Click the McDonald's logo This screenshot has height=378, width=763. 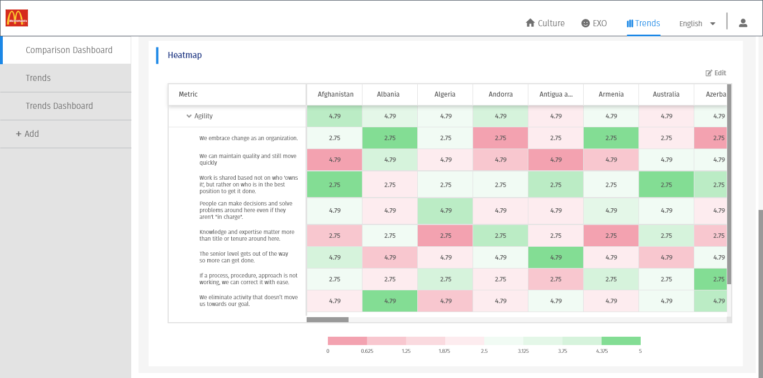(x=17, y=18)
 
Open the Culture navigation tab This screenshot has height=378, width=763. (x=545, y=23)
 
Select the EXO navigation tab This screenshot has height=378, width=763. (x=594, y=23)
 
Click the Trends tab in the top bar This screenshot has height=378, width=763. (x=643, y=23)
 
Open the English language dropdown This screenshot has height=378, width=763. (x=697, y=23)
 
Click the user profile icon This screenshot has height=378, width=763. (x=743, y=23)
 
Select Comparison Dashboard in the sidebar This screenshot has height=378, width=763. (x=69, y=50)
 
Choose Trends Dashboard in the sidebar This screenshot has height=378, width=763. (x=59, y=106)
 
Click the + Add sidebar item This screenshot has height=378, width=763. (x=28, y=134)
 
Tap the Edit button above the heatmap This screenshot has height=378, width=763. (x=716, y=73)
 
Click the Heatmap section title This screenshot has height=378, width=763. (x=185, y=55)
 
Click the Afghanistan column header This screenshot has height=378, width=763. (x=335, y=94)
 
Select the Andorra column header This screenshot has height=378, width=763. (x=500, y=94)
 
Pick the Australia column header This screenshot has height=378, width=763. (x=666, y=94)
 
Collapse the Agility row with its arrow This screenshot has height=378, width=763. (x=189, y=116)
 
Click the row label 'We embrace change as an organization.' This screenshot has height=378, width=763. (x=249, y=138)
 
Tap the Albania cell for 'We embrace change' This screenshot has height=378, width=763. (x=390, y=138)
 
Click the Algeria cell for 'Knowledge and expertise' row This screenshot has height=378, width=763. (x=445, y=236)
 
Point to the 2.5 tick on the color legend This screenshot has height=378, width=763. (x=484, y=351)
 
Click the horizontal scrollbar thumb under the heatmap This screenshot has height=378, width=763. (x=327, y=320)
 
